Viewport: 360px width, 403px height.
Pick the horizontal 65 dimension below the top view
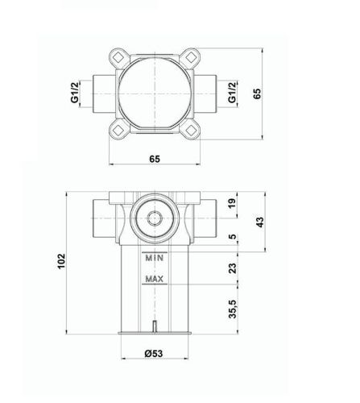[x=155, y=160]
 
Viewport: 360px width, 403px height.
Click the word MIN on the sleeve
[x=155, y=258]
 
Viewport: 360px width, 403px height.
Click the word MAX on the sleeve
[x=155, y=280]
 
